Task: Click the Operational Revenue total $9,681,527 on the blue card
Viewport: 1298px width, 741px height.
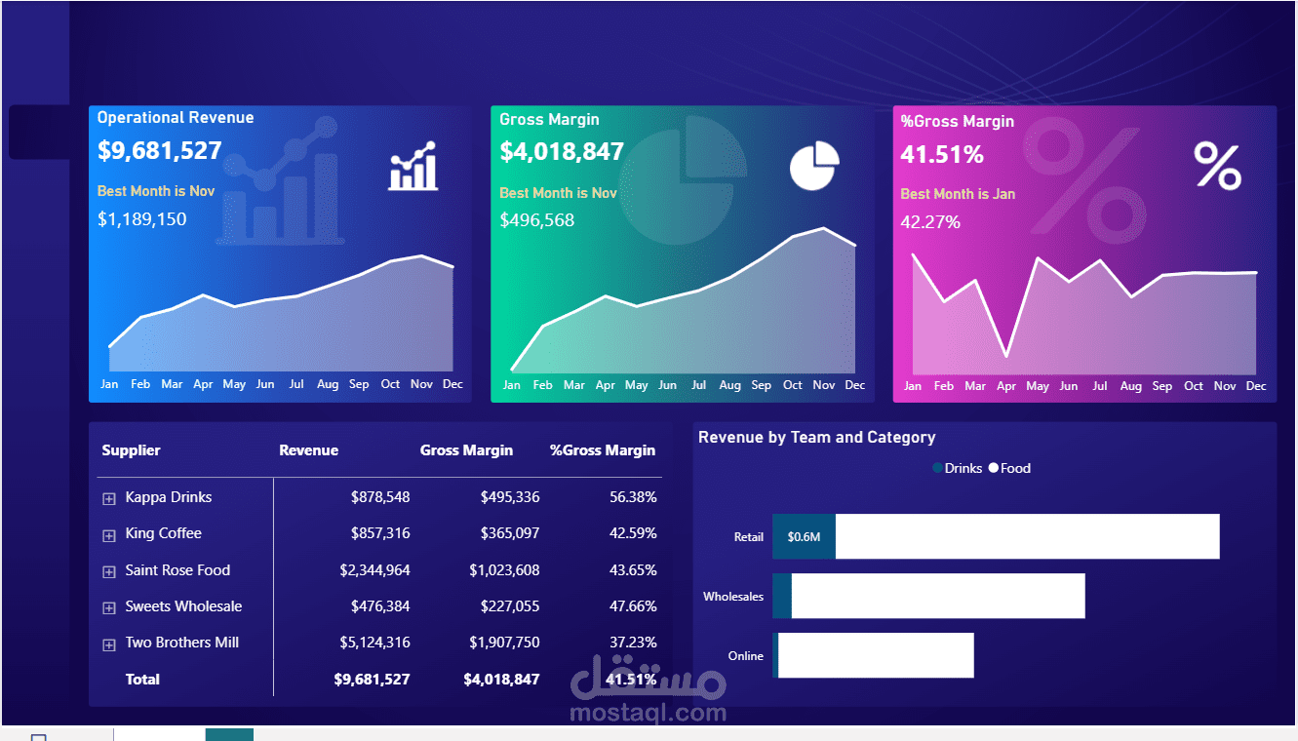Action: tap(159, 150)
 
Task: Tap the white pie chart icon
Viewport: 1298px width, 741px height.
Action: tap(814, 166)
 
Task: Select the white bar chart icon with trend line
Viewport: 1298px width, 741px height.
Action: tap(413, 166)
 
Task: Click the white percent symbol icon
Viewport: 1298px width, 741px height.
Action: tap(1217, 166)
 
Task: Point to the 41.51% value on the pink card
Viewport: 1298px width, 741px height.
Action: tap(942, 155)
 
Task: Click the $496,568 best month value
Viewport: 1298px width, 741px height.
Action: tap(537, 220)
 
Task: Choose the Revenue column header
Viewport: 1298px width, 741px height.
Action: tap(309, 450)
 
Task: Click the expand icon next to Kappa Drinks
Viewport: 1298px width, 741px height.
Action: tap(109, 499)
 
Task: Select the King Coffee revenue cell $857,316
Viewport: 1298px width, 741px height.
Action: tap(380, 533)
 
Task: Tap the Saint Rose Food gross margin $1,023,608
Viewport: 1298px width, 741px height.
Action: tap(504, 570)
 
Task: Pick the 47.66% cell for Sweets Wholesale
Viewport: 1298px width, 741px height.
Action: tap(633, 606)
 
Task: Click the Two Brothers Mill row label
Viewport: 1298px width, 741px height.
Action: tap(182, 643)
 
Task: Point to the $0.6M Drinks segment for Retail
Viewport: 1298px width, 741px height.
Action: tap(804, 536)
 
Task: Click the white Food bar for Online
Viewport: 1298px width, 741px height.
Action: tap(876, 655)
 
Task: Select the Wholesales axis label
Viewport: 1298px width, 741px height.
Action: tap(733, 596)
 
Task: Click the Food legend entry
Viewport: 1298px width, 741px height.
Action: tap(1009, 468)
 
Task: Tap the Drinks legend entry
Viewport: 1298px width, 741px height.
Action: tap(958, 468)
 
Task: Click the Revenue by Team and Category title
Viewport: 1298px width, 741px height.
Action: tap(816, 438)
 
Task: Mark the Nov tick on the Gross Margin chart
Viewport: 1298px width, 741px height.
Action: tap(823, 385)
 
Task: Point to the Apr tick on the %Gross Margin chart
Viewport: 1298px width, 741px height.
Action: tap(1006, 386)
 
